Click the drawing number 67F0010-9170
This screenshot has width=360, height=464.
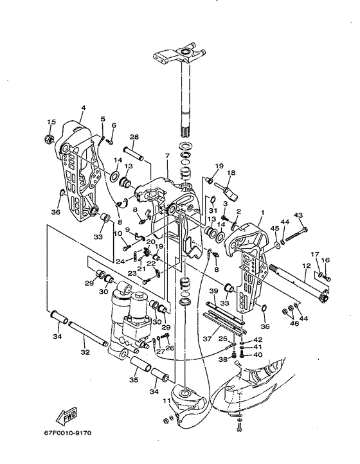[68, 433]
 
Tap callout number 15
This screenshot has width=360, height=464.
[51, 121]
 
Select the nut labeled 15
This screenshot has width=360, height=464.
[48, 138]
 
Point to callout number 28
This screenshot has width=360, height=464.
[134, 137]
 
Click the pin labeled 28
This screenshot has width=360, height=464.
[133, 154]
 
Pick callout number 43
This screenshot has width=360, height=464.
[298, 215]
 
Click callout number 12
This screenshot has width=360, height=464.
[306, 266]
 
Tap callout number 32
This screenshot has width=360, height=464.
[85, 352]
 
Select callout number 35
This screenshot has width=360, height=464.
[134, 380]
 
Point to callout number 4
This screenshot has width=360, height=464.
[84, 108]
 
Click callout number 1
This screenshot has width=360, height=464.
[262, 213]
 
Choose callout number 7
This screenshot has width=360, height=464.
[167, 156]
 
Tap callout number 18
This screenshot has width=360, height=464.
[231, 172]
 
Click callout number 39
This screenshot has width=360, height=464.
[213, 291]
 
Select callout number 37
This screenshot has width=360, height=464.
[208, 338]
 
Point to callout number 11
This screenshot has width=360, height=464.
[167, 401]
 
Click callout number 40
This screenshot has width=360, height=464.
[258, 354]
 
